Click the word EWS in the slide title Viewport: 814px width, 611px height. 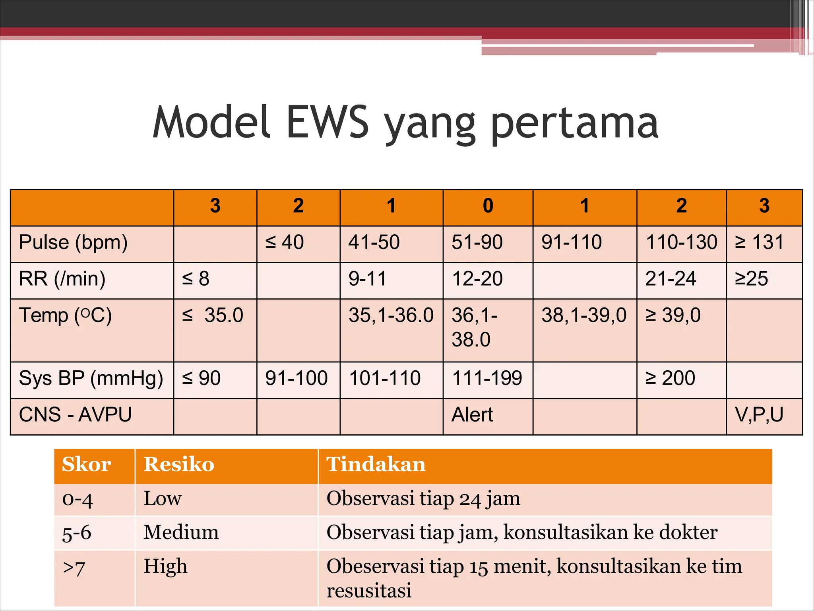(327, 122)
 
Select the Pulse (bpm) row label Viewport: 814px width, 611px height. (73, 243)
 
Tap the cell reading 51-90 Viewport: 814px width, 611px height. (477, 243)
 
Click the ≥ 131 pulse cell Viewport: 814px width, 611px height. (759, 243)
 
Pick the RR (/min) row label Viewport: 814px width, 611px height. (62, 279)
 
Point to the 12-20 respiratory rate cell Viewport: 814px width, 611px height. (477, 279)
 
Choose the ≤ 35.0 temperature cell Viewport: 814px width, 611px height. (213, 315)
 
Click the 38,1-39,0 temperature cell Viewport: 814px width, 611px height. (584, 315)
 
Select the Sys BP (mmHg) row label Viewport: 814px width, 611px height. (91, 378)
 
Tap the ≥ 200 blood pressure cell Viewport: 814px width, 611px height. (670, 378)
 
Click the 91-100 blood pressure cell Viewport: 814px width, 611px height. (296, 378)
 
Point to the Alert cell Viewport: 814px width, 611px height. (472, 415)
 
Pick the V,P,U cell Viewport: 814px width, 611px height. (759, 415)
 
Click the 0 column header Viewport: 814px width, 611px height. (488, 206)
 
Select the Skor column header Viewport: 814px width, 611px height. (87, 465)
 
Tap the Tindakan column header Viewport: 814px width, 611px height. (376, 465)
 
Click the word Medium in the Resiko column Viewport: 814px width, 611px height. (181, 532)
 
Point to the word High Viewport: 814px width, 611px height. (165, 566)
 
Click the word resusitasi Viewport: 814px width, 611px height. (369, 590)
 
